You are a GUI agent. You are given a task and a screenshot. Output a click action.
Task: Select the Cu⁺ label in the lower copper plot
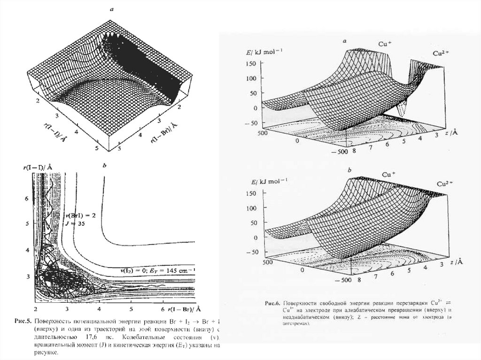[x=388, y=175]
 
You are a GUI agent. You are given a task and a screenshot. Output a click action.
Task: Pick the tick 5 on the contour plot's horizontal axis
[x=131, y=310]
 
